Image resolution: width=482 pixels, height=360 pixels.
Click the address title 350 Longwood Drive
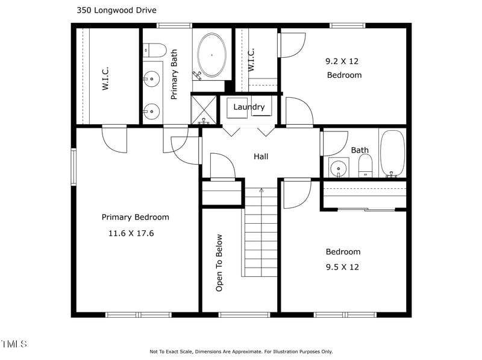click(x=117, y=10)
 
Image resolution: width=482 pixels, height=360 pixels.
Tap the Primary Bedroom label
click(x=135, y=217)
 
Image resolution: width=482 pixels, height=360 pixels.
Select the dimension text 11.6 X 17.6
click(x=131, y=233)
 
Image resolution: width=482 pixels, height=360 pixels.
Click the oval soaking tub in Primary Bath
click(x=211, y=55)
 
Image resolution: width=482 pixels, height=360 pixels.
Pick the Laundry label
click(x=249, y=107)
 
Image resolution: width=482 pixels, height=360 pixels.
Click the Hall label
click(x=261, y=156)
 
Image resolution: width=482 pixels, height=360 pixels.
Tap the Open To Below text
click(x=219, y=263)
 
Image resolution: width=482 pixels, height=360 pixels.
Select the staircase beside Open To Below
click(x=261, y=235)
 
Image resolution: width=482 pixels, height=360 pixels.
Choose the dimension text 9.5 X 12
click(x=342, y=267)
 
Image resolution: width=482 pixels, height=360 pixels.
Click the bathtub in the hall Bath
click(x=392, y=153)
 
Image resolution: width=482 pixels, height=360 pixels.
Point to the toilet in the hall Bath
click(x=366, y=165)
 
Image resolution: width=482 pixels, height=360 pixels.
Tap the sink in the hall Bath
click(x=339, y=167)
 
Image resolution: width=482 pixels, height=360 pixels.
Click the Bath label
click(x=360, y=150)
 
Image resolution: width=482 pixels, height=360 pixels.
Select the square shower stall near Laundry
click(x=204, y=109)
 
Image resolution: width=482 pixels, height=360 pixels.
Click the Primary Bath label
click(x=174, y=74)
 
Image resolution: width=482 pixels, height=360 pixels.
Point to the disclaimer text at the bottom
click(x=241, y=352)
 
